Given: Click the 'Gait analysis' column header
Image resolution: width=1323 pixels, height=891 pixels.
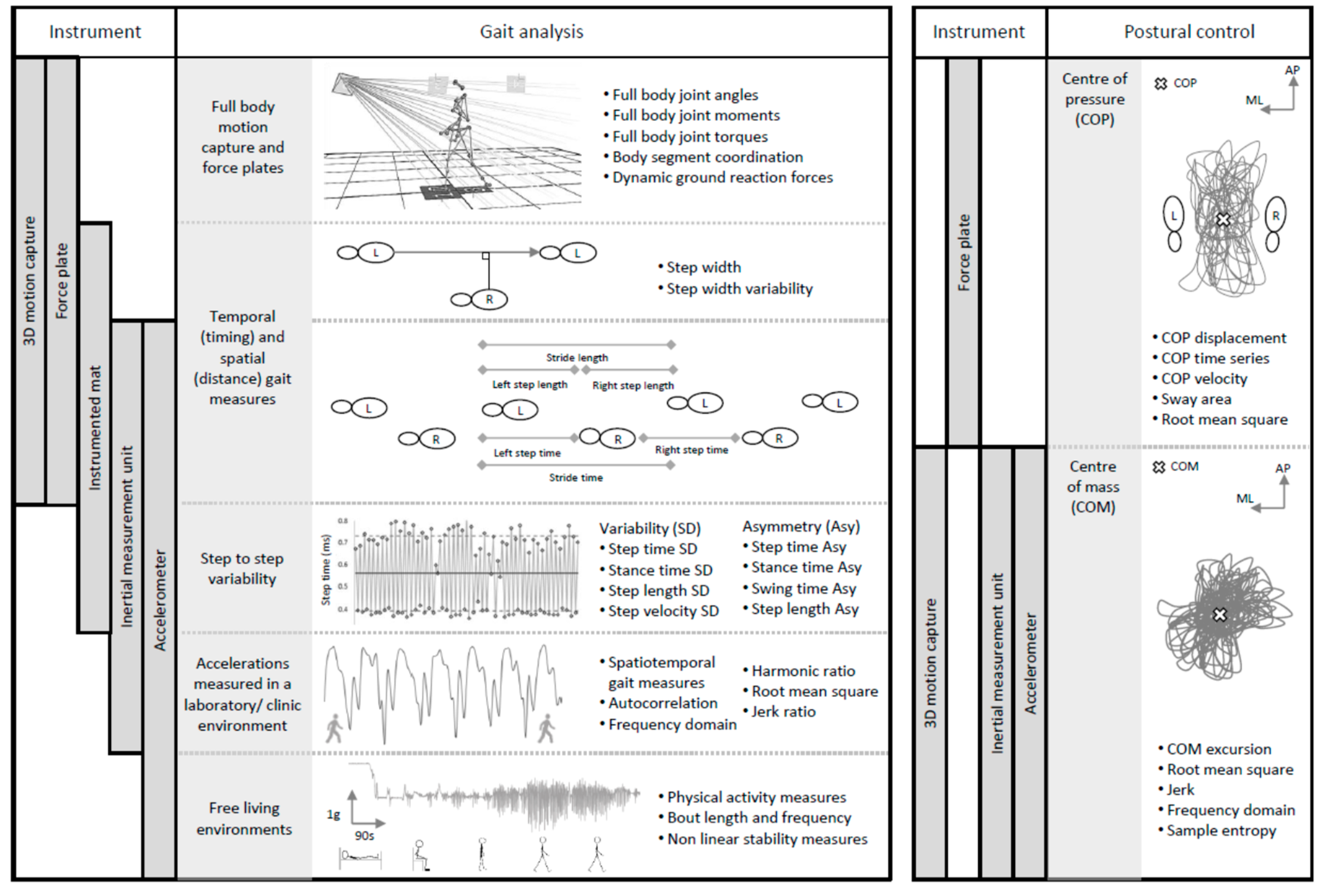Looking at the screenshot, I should click(x=531, y=32).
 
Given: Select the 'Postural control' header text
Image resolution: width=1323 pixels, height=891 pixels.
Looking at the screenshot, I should click(x=1189, y=32).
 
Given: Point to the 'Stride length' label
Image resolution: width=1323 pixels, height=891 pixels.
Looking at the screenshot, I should click(x=577, y=357).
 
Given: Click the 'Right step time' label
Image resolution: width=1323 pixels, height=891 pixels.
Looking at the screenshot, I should click(x=691, y=450).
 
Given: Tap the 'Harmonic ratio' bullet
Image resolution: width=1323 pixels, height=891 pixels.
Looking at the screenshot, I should click(x=803, y=671).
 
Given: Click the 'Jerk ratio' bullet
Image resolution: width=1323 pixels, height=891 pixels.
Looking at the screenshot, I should click(x=783, y=712).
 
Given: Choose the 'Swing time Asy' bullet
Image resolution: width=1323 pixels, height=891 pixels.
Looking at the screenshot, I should click(x=803, y=589).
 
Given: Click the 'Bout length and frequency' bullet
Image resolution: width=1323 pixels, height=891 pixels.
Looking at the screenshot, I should click(x=759, y=818).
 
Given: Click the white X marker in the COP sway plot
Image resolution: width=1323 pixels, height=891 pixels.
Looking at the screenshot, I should click(x=1223, y=219).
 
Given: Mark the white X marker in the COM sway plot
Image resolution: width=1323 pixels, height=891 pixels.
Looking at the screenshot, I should click(x=1219, y=615).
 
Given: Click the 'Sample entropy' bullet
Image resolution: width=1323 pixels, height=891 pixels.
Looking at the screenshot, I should click(x=1221, y=831).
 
